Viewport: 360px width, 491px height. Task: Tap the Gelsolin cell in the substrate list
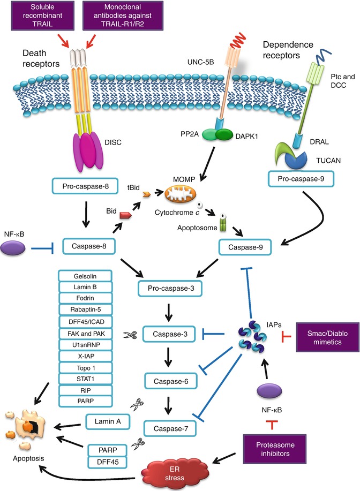[85, 276]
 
